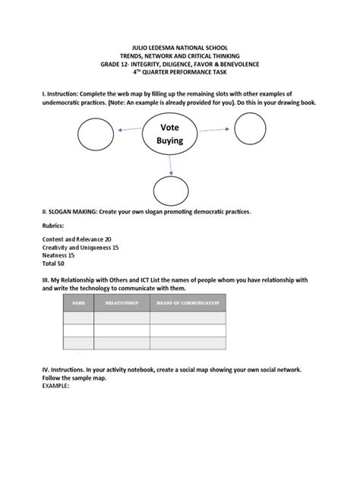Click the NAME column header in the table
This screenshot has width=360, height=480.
pos(78,302)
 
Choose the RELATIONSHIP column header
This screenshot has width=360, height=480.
pos(122,302)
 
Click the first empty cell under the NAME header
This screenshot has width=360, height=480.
pos(78,318)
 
